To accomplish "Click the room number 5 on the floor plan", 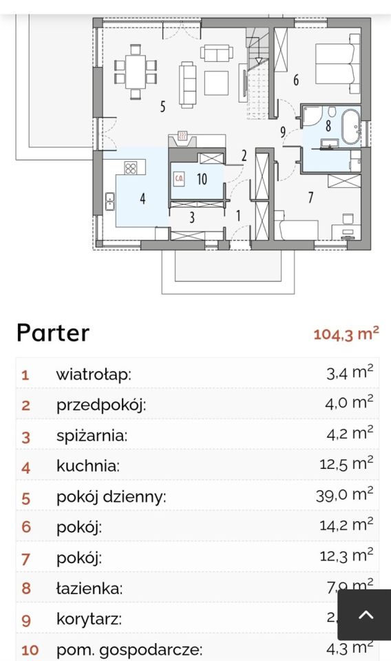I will [x=163, y=107].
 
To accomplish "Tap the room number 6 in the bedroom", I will [x=296, y=81].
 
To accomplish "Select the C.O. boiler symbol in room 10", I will [x=179, y=178].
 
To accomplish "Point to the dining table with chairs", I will [x=136, y=69].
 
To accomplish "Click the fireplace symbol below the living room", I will [x=182, y=136].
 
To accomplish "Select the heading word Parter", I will [x=53, y=333].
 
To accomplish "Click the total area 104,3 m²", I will [x=346, y=334].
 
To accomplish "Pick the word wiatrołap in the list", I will [x=93, y=375].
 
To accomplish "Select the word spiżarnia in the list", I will [x=92, y=436].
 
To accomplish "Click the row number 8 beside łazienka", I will [x=25, y=589].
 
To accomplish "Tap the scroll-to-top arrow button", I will [x=366, y=615].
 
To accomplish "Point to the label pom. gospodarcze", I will [x=129, y=649].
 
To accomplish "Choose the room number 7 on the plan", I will [x=310, y=198].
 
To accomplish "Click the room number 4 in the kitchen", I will [x=142, y=199].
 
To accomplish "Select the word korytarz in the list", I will [x=89, y=618].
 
